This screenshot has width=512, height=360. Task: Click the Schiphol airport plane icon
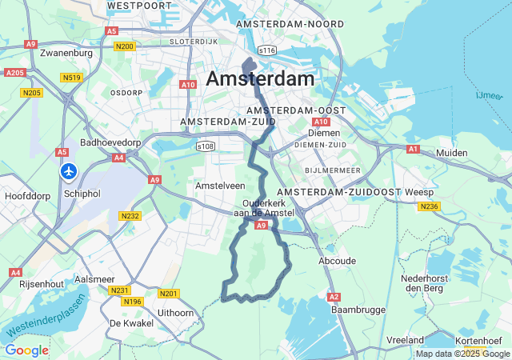(69, 172)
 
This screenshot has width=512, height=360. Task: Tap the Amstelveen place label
(220, 185)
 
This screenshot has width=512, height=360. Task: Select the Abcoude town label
(337, 261)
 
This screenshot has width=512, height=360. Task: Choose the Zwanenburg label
(66, 54)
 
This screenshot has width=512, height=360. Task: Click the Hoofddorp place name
(27, 195)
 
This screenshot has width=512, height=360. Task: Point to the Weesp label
(418, 193)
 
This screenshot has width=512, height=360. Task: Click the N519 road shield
(71, 78)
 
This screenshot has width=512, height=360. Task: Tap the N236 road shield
(429, 206)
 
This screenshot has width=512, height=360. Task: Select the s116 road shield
(267, 50)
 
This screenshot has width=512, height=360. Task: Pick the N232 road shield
(130, 216)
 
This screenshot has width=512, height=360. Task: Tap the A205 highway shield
(14, 73)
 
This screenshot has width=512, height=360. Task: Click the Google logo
(26, 350)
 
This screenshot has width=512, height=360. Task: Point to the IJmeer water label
(490, 95)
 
